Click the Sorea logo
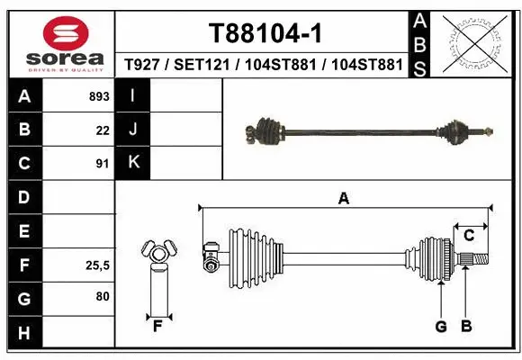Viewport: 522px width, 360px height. [x=58, y=41]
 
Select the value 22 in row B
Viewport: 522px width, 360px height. [x=103, y=130]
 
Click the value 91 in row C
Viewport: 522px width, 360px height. [x=103, y=164]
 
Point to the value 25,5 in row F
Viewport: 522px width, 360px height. [x=96, y=265]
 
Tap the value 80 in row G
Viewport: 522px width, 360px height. [x=103, y=295]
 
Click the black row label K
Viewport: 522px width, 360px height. [x=133, y=163]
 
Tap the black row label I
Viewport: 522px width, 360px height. [x=133, y=95]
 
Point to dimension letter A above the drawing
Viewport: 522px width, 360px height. [x=343, y=199]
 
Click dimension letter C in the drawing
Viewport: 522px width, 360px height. [x=469, y=235]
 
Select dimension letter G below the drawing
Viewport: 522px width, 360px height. [x=441, y=326]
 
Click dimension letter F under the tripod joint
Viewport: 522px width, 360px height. [x=157, y=326]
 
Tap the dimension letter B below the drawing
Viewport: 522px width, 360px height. [x=466, y=326]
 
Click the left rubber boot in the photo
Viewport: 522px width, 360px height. [x=268, y=130]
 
